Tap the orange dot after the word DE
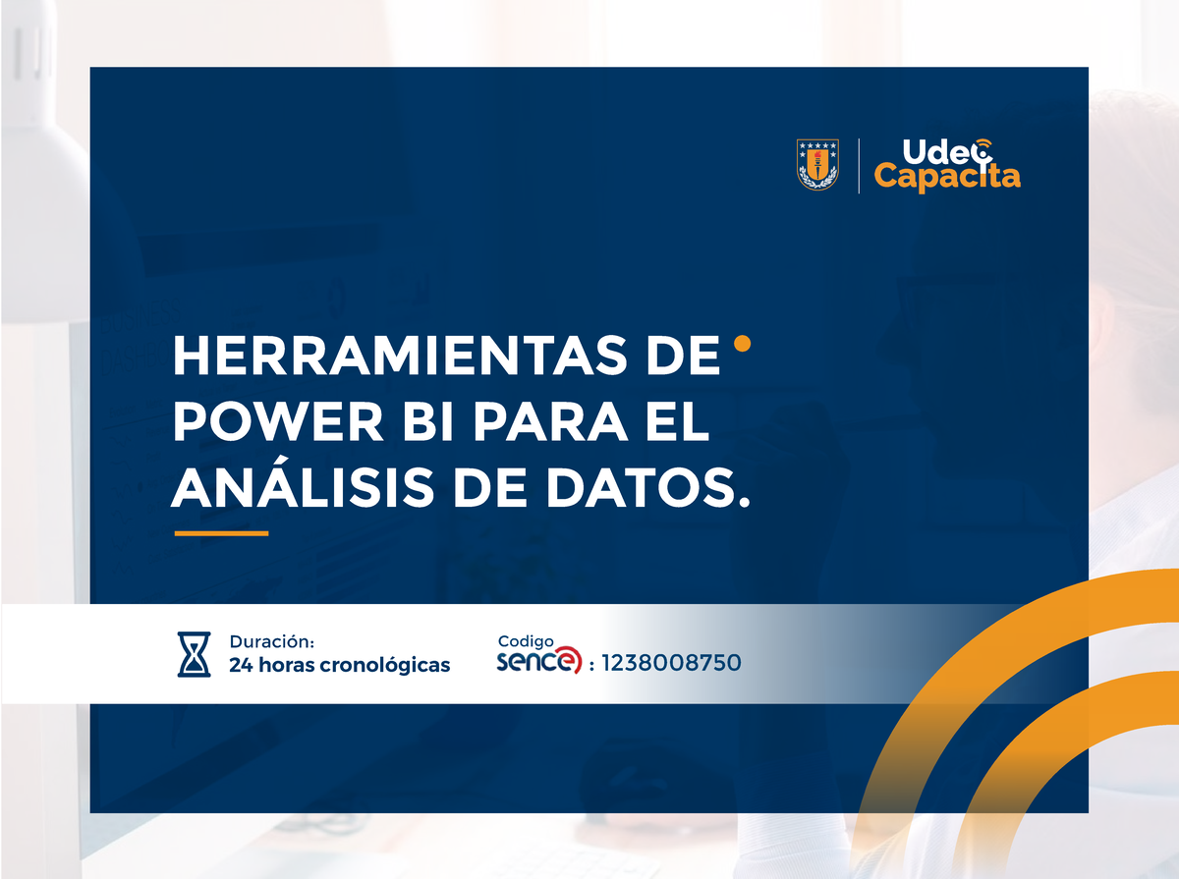(743, 343)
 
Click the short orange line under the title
(221, 533)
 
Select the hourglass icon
(194, 654)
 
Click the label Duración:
(271, 642)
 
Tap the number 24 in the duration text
(240, 665)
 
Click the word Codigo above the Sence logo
(526, 641)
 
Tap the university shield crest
(816, 164)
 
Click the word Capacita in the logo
(947, 177)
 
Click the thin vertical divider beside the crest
(859, 165)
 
